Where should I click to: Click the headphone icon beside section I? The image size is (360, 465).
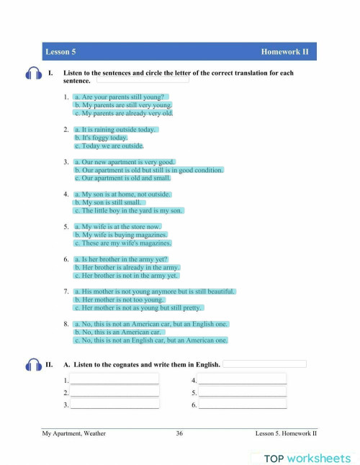tap(33, 74)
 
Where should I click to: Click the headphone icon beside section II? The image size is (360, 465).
tap(33, 365)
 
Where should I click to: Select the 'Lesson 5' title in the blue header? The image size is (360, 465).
tap(60, 52)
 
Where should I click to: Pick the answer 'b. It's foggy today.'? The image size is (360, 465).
tap(101, 137)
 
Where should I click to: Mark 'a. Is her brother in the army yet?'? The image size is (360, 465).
tap(122, 258)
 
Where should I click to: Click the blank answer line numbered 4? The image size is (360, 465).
tap(242, 379)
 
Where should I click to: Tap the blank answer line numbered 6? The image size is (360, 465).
tap(242, 405)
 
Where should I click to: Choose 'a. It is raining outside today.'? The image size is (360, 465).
tap(115, 130)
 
